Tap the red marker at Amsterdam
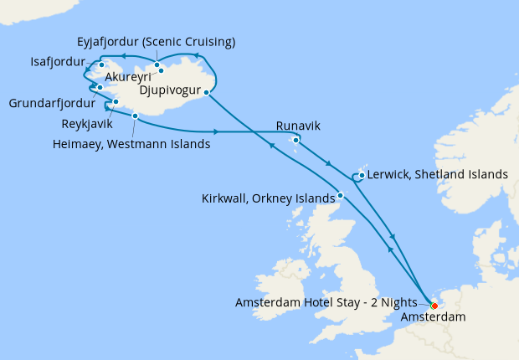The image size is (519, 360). (434, 305)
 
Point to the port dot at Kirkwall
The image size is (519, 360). (341, 196)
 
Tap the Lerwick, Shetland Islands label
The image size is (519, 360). (437, 175)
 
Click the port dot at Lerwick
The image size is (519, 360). (361, 176)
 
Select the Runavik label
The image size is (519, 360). (299, 127)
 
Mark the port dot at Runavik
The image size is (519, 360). (295, 140)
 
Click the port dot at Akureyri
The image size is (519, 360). (162, 71)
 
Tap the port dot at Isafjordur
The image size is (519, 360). (100, 64)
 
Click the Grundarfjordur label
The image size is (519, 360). (53, 105)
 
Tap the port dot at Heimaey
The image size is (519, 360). (135, 116)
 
